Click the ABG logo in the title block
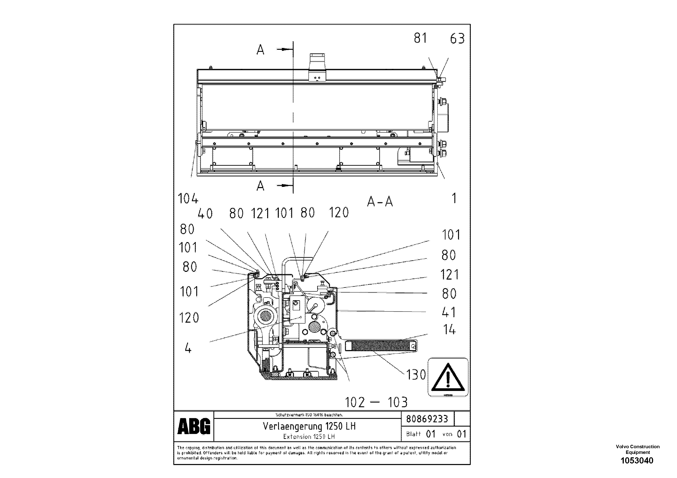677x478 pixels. pos(194,426)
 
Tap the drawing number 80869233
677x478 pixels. pos(427,419)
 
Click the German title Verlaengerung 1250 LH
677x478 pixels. pos(309,426)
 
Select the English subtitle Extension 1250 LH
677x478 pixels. pos(309,436)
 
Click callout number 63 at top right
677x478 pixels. pos(457,39)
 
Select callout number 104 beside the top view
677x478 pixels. pos(188,199)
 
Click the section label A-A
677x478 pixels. pos(380,202)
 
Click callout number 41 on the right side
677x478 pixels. pos(448,312)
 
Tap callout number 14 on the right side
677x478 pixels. pos(449,330)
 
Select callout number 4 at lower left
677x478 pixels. pos(188,349)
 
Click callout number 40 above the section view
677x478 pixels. pos(205,214)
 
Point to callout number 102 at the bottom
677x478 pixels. pos(355,402)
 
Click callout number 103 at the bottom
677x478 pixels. pos(397,402)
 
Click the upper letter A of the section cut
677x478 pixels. pos(260,50)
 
